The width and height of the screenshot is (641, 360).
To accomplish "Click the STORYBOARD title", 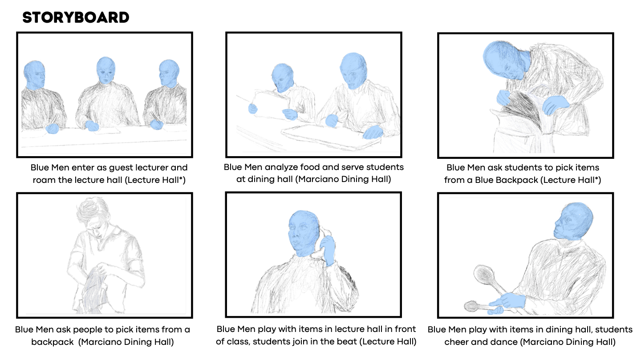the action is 76,17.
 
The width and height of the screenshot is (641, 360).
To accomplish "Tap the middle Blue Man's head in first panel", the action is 106,70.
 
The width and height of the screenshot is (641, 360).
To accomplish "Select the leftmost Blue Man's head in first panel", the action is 34,75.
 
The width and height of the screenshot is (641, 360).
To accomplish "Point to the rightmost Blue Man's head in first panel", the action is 169,73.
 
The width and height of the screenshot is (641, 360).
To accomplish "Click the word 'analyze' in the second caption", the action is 281,167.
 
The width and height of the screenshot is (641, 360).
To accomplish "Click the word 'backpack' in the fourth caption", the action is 53,342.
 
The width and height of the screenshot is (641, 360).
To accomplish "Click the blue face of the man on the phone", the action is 303,233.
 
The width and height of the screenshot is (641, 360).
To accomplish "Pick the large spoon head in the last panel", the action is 483,274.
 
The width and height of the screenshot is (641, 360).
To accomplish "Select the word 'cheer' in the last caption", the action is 456,342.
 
